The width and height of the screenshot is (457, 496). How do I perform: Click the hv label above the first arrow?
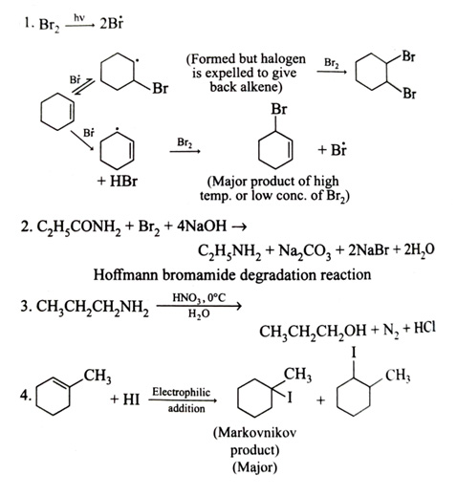(x=79, y=17)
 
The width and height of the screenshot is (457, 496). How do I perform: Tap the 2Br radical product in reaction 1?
(x=111, y=24)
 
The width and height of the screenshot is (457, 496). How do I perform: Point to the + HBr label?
(x=118, y=182)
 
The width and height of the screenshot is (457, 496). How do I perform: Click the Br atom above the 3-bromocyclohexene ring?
(x=279, y=109)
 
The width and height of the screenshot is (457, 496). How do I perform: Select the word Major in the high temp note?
(x=228, y=182)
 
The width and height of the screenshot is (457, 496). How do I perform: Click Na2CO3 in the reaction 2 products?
(x=305, y=251)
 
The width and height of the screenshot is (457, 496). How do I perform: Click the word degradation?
(x=277, y=274)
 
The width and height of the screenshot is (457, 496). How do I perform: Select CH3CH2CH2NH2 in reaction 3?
(x=93, y=307)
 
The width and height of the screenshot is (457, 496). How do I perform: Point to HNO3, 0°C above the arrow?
(x=199, y=298)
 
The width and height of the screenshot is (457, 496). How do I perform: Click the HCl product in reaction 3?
(x=424, y=328)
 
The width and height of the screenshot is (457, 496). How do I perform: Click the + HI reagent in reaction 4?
(x=125, y=399)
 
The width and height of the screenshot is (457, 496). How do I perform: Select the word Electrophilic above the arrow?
(x=181, y=392)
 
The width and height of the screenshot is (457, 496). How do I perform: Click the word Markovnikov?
(x=254, y=432)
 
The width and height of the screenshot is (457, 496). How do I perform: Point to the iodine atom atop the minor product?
(x=353, y=353)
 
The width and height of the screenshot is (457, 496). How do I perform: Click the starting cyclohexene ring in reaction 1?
(x=57, y=112)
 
